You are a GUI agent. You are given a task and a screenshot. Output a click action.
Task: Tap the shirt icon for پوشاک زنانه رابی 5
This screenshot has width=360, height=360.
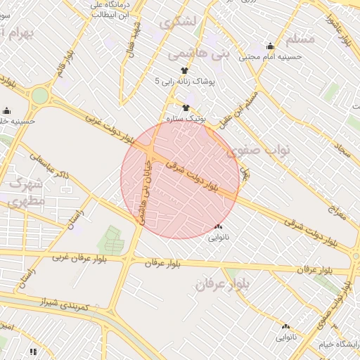(185, 70)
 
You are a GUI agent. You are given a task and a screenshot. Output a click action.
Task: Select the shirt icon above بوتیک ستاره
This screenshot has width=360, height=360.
(186, 108)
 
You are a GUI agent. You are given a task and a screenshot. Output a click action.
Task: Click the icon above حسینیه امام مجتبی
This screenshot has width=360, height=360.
(270, 46)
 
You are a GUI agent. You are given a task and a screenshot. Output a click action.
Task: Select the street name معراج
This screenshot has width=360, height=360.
(337, 212)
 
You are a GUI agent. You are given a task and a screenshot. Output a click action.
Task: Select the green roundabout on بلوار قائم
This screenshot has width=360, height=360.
(40, 96)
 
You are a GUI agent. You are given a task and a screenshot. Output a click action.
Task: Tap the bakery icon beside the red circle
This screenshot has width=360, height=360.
(218, 226)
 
